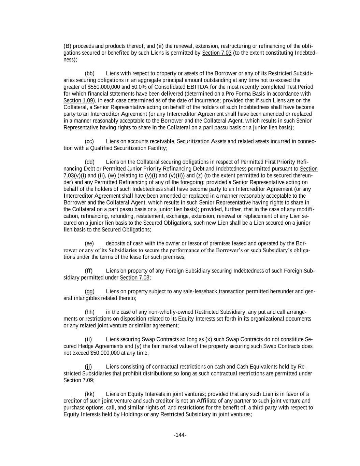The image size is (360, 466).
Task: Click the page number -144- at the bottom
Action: point(180,435)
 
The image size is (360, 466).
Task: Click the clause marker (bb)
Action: point(89,73)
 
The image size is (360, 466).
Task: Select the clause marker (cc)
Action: point(89,141)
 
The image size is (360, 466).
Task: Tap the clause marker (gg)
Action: point(89,292)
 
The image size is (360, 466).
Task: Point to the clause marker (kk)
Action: point(89,394)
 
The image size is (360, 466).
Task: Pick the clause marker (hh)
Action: point(89,312)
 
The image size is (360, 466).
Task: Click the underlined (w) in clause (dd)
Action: point(112,175)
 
